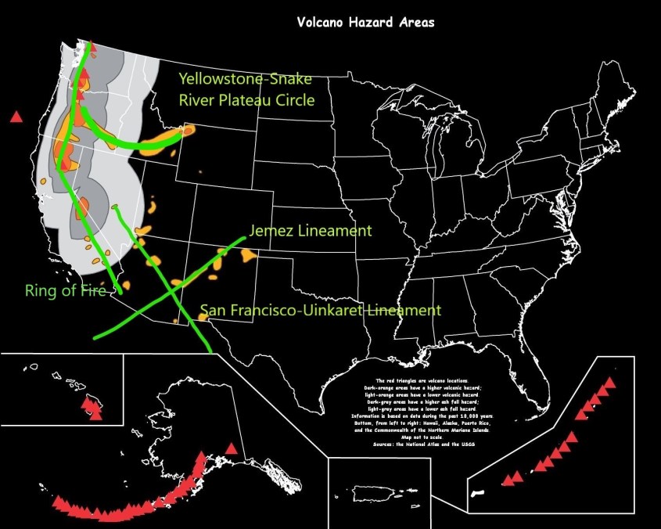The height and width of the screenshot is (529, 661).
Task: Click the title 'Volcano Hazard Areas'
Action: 365,22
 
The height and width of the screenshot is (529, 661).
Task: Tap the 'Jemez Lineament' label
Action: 310,232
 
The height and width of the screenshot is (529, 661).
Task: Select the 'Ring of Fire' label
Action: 66,291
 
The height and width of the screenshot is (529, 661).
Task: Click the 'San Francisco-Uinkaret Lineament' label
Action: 320,311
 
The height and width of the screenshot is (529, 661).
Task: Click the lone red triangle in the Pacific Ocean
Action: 15,117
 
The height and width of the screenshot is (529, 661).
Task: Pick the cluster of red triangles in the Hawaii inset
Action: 92,408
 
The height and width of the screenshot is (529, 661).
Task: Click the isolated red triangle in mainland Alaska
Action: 231,448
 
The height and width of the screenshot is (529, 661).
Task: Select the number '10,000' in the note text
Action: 473,416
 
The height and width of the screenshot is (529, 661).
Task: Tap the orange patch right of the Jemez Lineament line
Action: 249,255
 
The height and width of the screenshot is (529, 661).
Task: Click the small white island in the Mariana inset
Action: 480,493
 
